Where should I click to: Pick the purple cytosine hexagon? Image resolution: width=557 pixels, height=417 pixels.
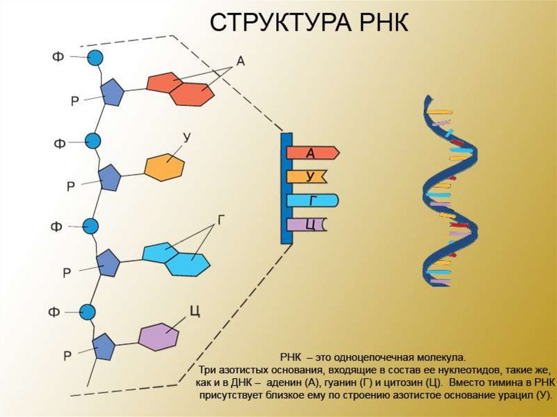[x=158, y=337]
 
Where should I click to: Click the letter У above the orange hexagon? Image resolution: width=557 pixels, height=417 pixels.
[x=187, y=138]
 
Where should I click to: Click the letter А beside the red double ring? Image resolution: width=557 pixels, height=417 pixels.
[x=240, y=61]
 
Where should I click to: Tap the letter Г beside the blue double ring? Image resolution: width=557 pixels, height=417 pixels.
[x=221, y=220]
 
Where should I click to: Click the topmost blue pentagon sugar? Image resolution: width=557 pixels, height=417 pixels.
[x=113, y=92]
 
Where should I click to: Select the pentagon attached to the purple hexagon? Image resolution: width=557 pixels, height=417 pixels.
[x=103, y=346]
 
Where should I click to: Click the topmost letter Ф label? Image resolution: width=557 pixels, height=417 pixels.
[x=58, y=56]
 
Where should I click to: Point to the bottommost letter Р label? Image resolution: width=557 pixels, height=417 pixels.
[x=67, y=357]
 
